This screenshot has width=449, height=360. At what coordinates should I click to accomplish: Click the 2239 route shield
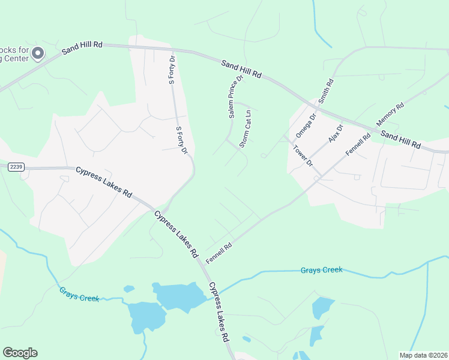pos(16,167)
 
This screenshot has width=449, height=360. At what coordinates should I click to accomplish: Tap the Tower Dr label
pos(303,154)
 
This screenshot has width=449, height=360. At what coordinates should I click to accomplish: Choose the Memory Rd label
pos(390,113)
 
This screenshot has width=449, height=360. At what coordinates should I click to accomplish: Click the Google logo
pos(20,353)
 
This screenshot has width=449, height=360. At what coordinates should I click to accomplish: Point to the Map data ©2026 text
pos(424,355)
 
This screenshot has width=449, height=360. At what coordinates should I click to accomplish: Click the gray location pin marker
pos(38,54)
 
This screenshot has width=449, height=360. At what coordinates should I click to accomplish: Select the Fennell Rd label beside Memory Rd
pos(358,144)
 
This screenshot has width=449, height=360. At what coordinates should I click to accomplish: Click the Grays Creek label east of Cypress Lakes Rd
pos(321,270)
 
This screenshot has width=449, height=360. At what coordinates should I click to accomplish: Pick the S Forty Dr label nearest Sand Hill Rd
pos(171,70)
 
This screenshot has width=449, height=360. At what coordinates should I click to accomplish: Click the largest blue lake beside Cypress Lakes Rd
pos(179,295)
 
